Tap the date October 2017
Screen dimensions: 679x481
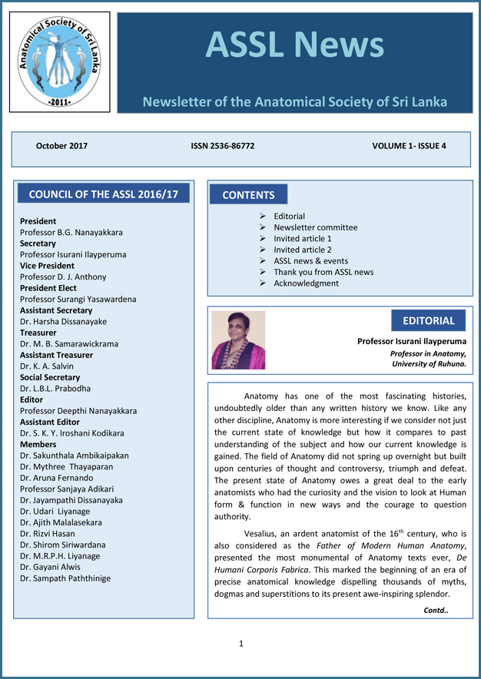(x=61, y=145)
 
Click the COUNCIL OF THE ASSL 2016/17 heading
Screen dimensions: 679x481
(x=103, y=194)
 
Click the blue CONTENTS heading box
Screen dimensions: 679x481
(x=248, y=195)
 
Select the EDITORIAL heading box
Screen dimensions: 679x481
(x=428, y=320)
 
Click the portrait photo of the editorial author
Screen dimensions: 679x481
(x=238, y=339)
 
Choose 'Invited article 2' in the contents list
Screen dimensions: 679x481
(x=303, y=250)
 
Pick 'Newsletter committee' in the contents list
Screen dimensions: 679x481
(x=315, y=227)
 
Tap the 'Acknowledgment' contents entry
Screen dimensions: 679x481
(x=306, y=283)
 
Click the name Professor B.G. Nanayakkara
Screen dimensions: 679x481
(x=71, y=232)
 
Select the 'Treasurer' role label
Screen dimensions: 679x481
(x=38, y=333)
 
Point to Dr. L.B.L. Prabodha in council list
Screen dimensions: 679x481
(x=55, y=389)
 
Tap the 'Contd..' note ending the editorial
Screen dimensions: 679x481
(x=436, y=610)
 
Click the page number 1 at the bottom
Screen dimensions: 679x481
(x=240, y=644)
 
